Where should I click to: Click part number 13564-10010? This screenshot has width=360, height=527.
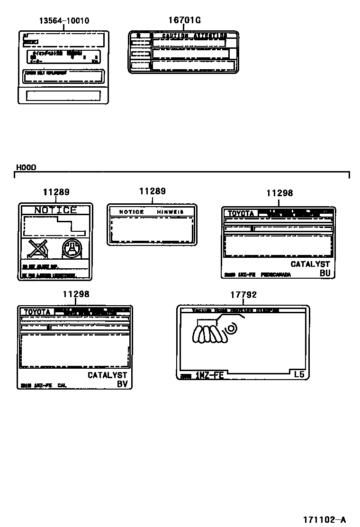pos(64,21)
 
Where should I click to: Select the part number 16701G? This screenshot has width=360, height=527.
pos(185,20)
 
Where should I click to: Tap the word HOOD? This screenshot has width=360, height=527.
pos(26,167)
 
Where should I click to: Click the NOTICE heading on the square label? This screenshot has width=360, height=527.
pos(55,210)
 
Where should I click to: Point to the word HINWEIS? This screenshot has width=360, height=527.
pos(170,212)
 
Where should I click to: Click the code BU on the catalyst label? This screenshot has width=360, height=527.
pos(325,273)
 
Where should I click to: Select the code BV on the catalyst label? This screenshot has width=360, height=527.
pos(122,384)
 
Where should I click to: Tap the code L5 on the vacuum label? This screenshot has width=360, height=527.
pos(299,374)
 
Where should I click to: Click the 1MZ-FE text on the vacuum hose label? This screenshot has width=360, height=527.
pos(209,376)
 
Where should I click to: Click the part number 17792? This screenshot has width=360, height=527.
pos(243,295)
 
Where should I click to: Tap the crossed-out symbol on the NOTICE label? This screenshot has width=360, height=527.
pos(37,249)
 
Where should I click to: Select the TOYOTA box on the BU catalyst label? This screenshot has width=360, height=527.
pos(241,214)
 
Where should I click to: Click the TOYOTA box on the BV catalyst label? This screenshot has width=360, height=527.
pos(36,312)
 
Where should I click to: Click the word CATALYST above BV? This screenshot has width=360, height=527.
pos(108,375)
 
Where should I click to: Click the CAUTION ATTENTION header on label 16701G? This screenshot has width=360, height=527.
pos(193,36)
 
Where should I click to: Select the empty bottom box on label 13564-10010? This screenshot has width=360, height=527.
pos(63,96)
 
